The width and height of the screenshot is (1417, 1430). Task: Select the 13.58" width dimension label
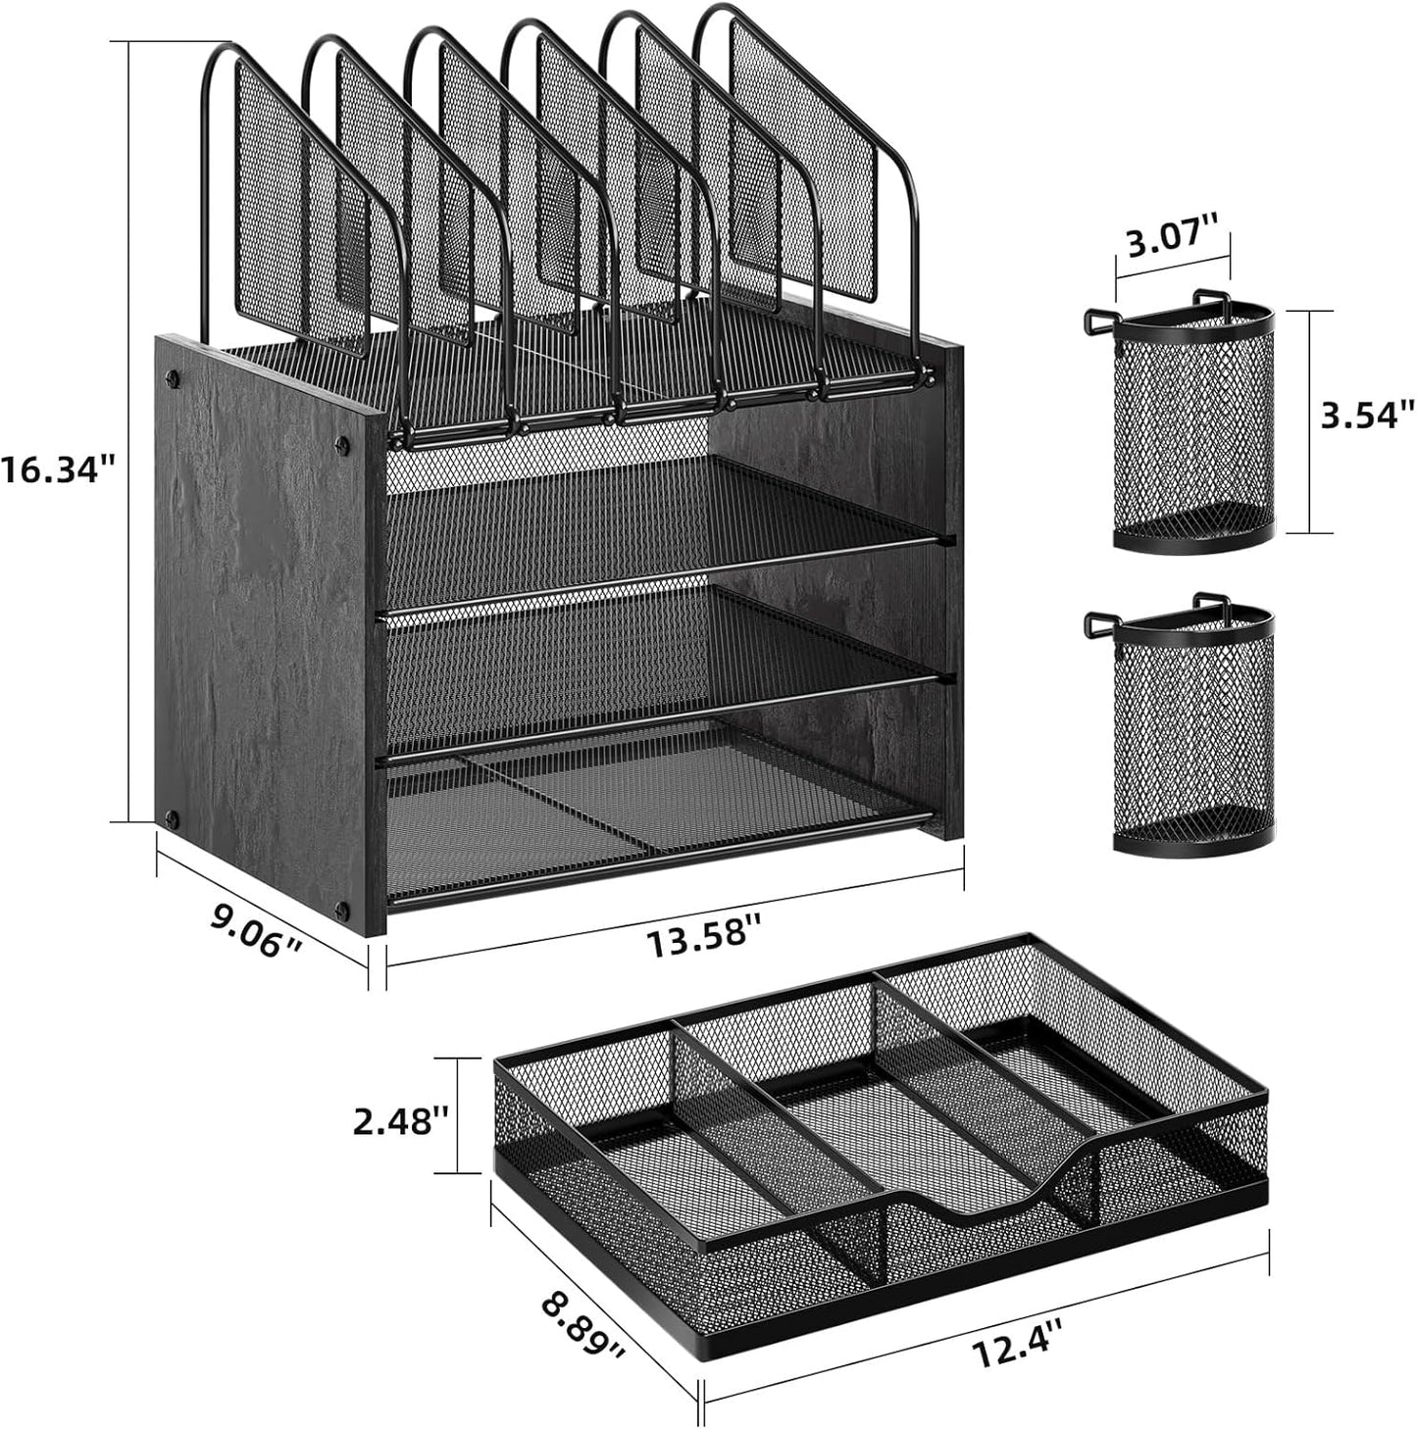tap(703, 943)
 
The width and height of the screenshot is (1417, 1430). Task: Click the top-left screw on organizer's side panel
tap(175, 375)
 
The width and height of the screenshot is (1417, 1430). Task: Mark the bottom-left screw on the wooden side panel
tap(173, 817)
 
